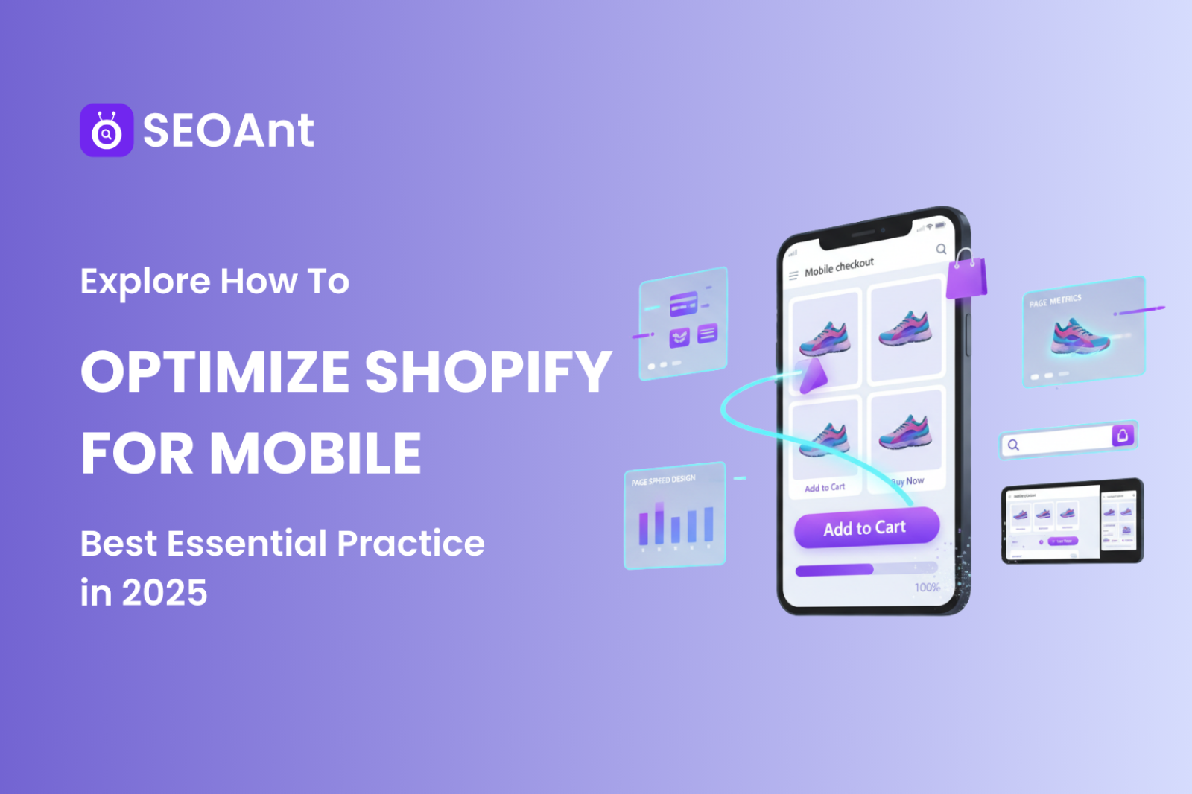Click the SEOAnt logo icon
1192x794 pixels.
(107, 130)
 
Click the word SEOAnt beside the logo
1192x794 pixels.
(228, 131)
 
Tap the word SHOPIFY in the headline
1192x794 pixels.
(488, 371)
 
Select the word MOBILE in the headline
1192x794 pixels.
(316, 453)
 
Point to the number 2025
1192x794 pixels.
(165, 594)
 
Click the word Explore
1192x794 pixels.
(145, 282)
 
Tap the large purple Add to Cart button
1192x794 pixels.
(866, 528)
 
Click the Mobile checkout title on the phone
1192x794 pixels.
(839, 267)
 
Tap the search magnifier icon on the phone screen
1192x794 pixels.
(941, 249)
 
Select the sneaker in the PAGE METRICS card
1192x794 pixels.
(1080, 336)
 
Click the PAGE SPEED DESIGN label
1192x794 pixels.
(663, 480)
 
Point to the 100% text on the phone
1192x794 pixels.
(927, 588)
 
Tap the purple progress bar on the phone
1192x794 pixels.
(834, 571)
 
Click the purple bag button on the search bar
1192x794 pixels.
(1123, 435)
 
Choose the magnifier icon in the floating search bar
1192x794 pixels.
(1013, 445)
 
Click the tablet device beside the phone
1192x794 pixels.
(1071, 521)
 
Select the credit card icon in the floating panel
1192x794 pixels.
(682, 305)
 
